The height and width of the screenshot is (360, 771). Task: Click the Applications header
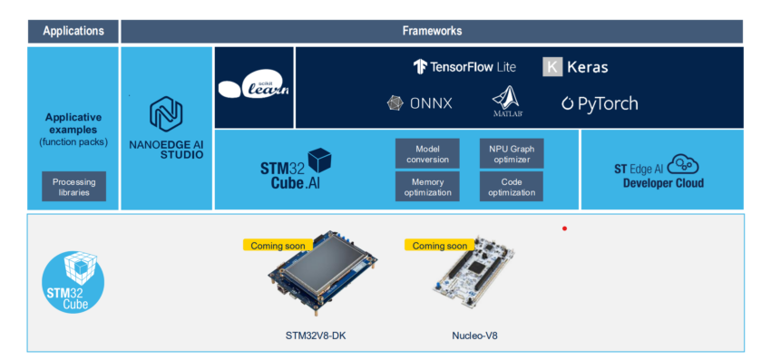(73, 31)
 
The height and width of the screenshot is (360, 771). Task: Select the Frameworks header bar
(432, 31)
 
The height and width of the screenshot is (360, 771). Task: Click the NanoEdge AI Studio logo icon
(166, 115)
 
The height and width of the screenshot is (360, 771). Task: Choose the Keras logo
(575, 66)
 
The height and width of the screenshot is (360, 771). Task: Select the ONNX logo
(421, 103)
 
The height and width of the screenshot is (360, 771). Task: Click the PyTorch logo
(600, 103)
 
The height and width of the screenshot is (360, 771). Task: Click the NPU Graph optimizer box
(512, 153)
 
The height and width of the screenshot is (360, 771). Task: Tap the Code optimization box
(512, 186)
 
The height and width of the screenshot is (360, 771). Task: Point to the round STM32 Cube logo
(73, 282)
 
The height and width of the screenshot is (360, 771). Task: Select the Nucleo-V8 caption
(474, 336)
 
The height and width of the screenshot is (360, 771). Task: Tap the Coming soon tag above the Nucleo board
(440, 245)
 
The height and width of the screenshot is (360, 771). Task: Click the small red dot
(564, 229)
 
